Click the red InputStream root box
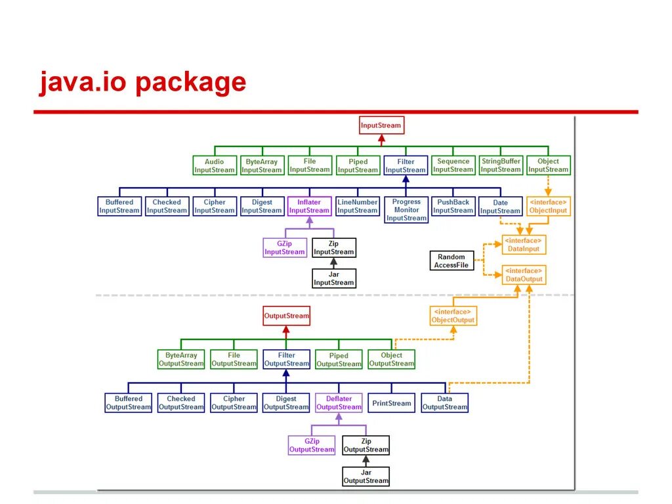381,125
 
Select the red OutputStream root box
286,316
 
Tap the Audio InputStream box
214,165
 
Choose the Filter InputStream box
406,165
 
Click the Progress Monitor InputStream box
406,210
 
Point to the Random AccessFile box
451,261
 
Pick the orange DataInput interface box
524,245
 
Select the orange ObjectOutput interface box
453,316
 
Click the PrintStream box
391,403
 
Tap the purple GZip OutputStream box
312,446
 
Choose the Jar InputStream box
333,278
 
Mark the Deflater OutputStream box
339,403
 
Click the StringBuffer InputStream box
501,165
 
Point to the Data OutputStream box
444,403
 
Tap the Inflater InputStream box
309,206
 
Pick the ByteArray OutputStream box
181,360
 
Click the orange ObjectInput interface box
549,206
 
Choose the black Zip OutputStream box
366,446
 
